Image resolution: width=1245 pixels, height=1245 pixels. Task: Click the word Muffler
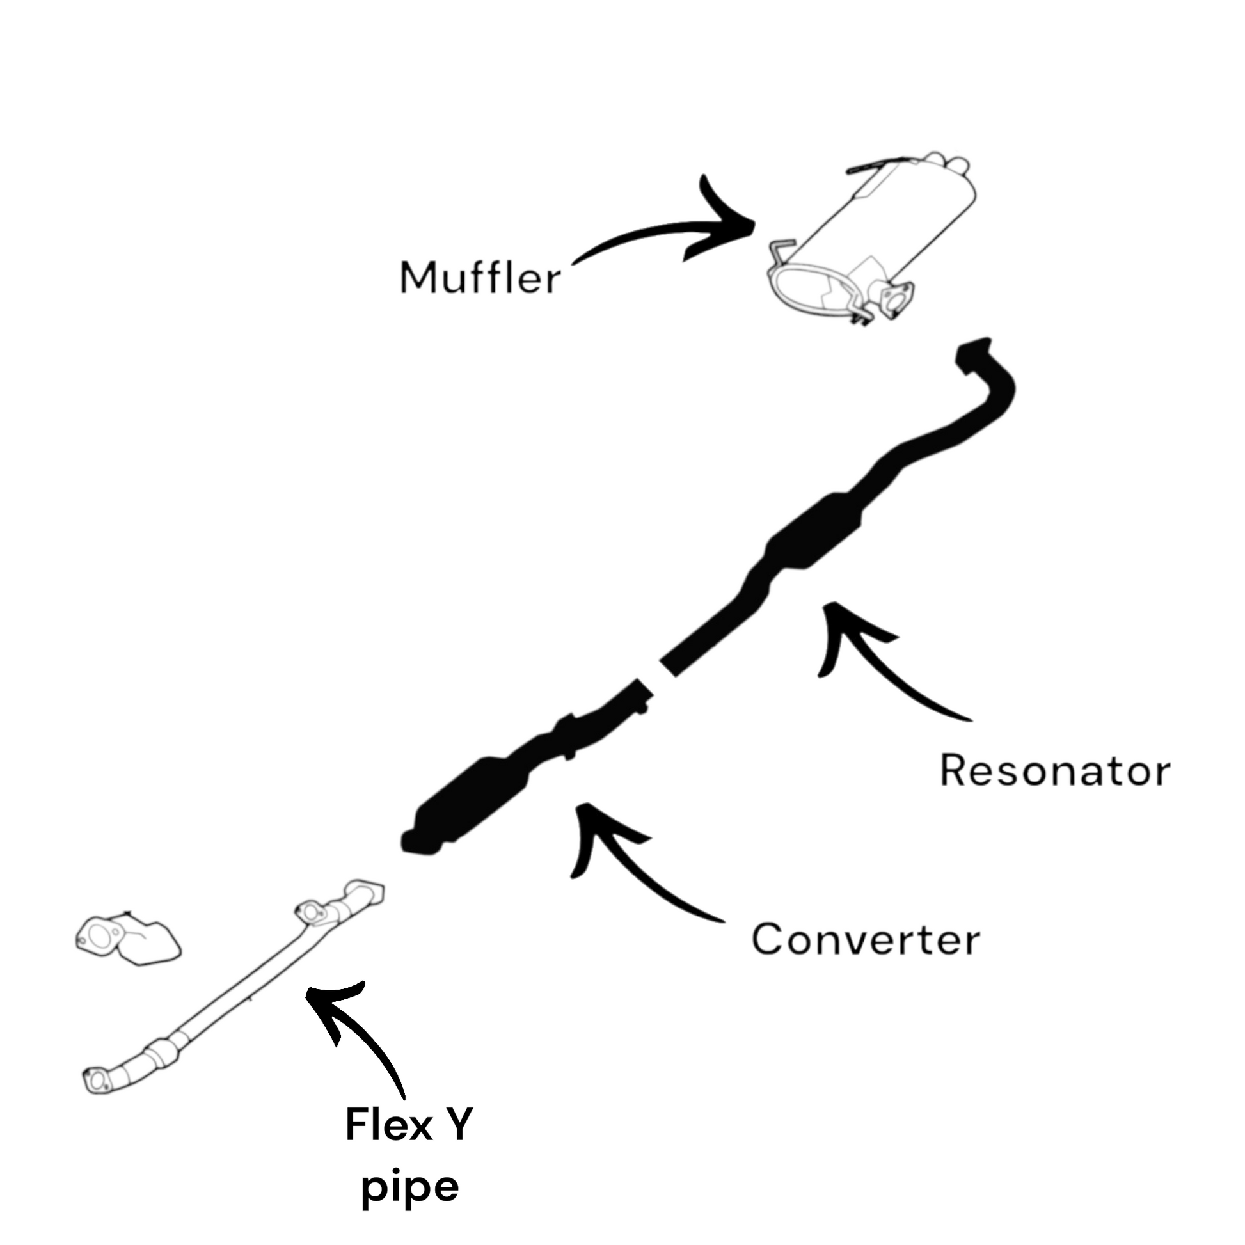click(x=480, y=278)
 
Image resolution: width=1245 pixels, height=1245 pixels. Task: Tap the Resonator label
click(x=1054, y=770)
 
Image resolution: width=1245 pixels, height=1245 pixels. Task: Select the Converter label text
click(x=866, y=940)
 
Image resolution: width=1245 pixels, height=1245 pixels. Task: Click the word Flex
click(x=388, y=1125)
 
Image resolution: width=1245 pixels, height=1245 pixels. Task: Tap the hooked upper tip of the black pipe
click(x=973, y=354)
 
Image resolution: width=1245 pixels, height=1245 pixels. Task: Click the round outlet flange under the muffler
click(x=892, y=300)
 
